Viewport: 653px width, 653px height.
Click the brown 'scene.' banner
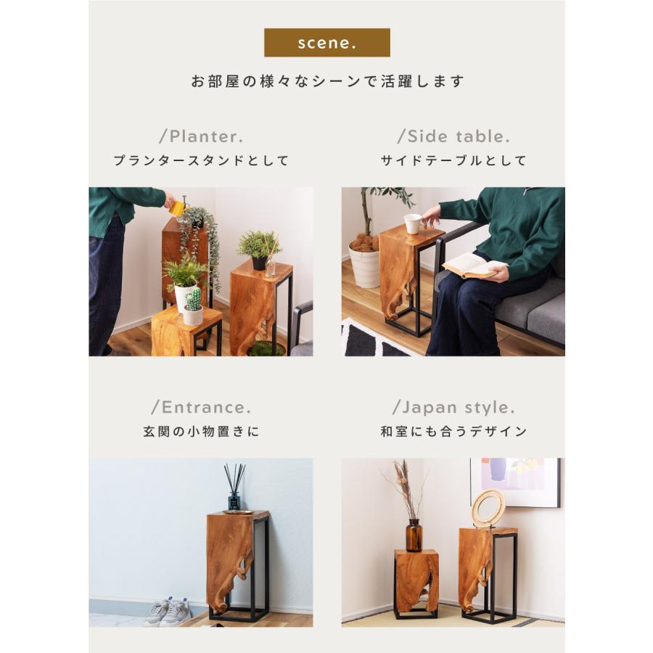[x=326, y=43]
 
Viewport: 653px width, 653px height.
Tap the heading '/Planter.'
[x=201, y=136]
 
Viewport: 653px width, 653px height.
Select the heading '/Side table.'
[x=453, y=136]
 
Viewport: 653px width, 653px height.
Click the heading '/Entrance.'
[x=201, y=407]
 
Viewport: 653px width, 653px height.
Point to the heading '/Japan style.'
[x=453, y=407]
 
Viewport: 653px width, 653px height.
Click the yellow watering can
[x=178, y=208]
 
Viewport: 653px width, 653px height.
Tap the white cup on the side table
[x=412, y=223]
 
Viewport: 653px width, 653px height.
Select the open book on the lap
[x=472, y=266]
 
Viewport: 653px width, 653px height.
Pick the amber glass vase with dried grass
[x=414, y=535]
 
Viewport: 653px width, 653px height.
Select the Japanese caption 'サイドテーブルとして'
[x=453, y=161]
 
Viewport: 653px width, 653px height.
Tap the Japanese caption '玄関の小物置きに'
[x=201, y=432]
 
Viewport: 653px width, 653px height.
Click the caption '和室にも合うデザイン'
[x=453, y=432]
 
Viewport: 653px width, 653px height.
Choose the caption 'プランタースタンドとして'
[x=201, y=161]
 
